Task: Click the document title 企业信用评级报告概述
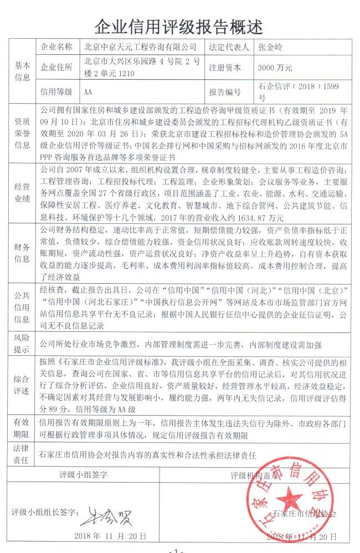180,26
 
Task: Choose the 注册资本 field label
225,68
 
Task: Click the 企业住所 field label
56,68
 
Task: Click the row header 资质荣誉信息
22,130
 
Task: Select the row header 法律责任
22,449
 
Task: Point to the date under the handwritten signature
111,537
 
